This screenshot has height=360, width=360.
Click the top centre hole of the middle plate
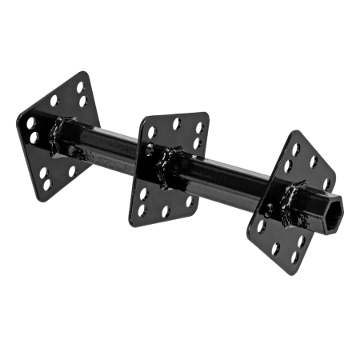(177, 124)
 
